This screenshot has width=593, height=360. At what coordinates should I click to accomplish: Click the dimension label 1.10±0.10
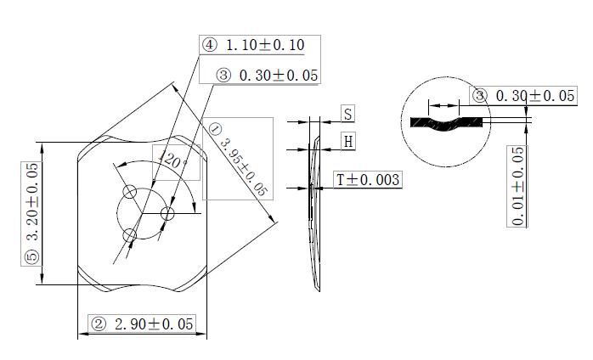click(x=265, y=45)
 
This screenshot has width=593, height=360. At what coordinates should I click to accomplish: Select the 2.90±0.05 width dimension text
click(x=154, y=324)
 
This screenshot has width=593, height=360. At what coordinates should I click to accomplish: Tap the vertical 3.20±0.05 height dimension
click(x=32, y=201)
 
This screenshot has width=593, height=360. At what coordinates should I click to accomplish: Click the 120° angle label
click(x=172, y=160)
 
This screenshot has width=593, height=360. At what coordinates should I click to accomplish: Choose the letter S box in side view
click(x=348, y=114)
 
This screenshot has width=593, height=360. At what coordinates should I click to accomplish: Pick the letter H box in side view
click(x=348, y=142)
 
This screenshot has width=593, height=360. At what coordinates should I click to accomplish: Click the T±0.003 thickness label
click(x=368, y=180)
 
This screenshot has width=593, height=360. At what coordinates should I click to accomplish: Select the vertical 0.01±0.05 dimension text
click(x=517, y=186)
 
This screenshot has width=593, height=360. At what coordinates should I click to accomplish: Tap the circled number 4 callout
click(x=210, y=45)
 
